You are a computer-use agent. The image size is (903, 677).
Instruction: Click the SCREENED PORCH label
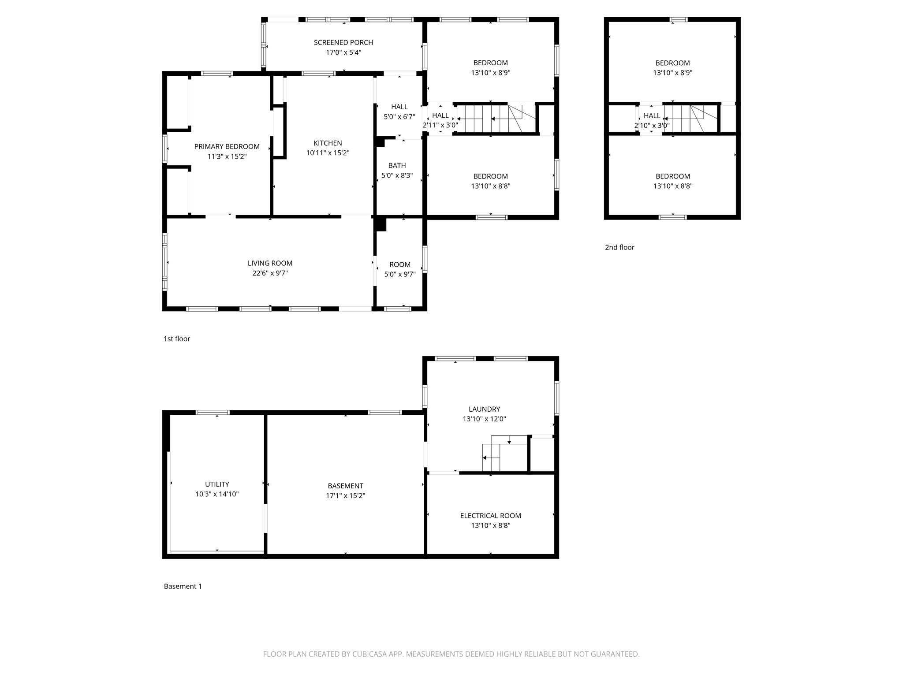pos(343,42)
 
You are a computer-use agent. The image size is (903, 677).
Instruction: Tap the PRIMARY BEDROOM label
pos(227,146)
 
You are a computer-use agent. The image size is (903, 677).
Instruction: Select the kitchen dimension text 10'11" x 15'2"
pos(328,153)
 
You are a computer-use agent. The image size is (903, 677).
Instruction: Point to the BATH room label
pos(397,165)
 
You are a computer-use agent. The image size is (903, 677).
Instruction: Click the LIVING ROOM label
pos(270,263)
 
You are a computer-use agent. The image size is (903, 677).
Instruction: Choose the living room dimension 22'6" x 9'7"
pos(270,273)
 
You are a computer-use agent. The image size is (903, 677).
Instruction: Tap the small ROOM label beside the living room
pos(400,264)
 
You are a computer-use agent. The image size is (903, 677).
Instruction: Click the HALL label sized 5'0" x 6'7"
pos(399,107)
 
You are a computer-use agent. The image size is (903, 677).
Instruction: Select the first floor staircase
pos(494,119)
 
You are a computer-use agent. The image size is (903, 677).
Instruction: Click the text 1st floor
pos(177,338)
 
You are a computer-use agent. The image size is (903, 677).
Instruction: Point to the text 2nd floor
pos(619,247)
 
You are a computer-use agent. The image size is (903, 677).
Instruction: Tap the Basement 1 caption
pos(183,586)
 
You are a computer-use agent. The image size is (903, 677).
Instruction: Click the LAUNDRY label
pos(484,409)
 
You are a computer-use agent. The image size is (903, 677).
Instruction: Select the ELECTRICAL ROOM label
pos(490,516)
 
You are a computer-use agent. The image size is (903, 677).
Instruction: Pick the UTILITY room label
pos(217,484)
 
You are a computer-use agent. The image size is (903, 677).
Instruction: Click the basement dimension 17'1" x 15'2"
pos(345,496)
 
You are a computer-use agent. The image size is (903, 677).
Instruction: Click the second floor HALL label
pos(652,115)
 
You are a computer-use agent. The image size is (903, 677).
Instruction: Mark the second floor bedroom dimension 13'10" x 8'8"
pos(672,186)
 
